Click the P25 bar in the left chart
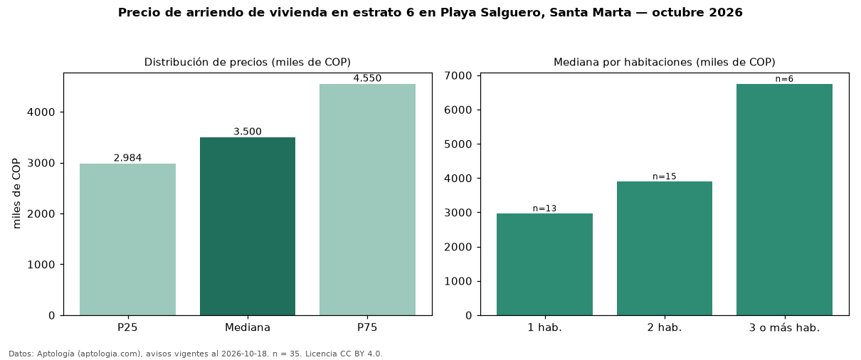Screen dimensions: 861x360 (x=127, y=239)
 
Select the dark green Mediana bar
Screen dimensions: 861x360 (x=248, y=226)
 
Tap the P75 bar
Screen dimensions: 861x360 (x=367, y=200)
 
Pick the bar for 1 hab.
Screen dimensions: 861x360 (x=544, y=265)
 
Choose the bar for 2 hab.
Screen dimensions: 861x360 (x=665, y=248)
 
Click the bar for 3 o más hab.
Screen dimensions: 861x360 (x=785, y=200)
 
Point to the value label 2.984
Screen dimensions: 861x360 (x=127, y=158)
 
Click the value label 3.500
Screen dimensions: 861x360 (x=248, y=132)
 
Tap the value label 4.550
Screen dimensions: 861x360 (x=367, y=78)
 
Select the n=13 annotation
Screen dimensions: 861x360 (x=544, y=208)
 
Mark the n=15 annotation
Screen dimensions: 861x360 (x=665, y=176)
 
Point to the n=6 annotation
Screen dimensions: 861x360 (x=785, y=79)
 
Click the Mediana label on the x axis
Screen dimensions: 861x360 (x=248, y=327)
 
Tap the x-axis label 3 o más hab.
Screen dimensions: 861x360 (x=785, y=328)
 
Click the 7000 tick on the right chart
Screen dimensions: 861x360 (x=458, y=75)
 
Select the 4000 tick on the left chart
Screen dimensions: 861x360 (x=41, y=112)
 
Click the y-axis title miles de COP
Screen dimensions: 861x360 (x=16, y=194)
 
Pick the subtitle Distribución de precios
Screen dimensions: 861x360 (x=206, y=62)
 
